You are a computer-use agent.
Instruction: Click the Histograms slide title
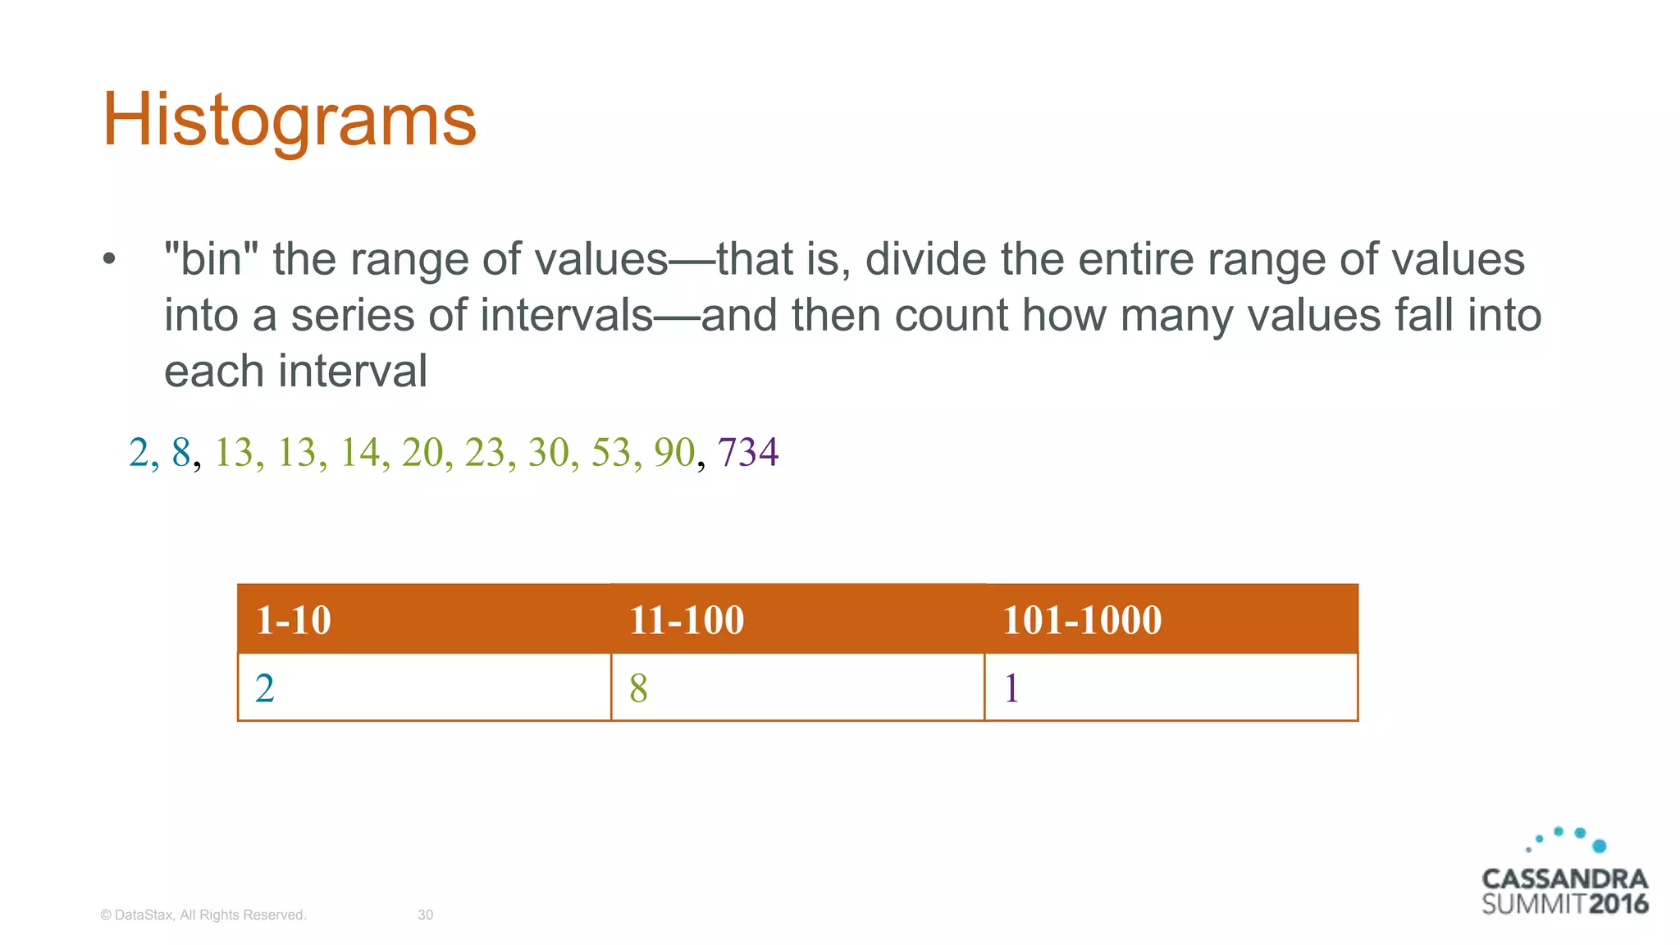point(289,121)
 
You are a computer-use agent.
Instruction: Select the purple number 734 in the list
point(747,452)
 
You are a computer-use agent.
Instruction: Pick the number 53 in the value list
point(611,452)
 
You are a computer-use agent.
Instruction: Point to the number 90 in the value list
point(673,452)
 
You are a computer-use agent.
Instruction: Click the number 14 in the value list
point(359,452)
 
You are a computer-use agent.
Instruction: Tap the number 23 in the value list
point(485,452)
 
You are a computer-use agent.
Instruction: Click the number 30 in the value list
point(548,452)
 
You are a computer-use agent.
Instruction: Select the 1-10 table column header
point(293,619)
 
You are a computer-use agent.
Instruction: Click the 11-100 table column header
point(686,619)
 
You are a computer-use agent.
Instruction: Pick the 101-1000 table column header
point(1081,619)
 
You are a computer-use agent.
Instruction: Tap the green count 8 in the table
point(638,688)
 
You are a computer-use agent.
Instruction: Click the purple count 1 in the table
point(1011,688)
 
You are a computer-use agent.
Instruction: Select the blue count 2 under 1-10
point(265,688)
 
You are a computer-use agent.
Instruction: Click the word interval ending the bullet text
point(353,371)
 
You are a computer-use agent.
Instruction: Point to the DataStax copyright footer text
point(203,915)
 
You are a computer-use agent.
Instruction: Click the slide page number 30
point(425,915)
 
